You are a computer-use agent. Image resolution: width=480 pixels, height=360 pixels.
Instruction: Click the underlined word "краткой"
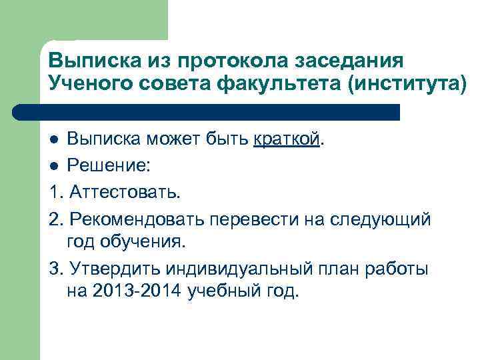[x=287, y=140]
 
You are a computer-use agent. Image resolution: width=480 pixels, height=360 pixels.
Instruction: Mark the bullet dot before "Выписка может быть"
[x=55, y=141]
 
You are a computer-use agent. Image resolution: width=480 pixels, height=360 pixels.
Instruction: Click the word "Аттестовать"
[x=123, y=192]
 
